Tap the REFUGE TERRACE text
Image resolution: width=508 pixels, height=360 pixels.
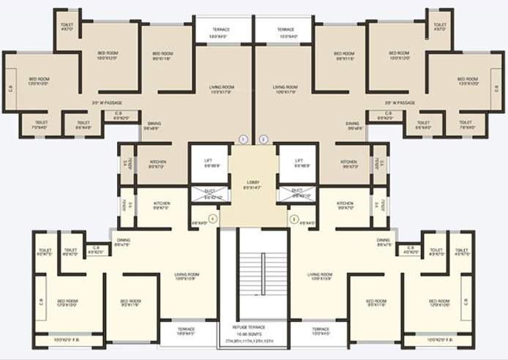click(x=254, y=327)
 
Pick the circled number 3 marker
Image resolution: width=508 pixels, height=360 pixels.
click(x=293, y=218)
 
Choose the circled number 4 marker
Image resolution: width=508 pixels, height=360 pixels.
click(x=213, y=218)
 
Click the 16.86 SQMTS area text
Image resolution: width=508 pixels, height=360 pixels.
click(x=254, y=334)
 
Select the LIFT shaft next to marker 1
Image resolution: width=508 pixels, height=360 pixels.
click(x=208, y=163)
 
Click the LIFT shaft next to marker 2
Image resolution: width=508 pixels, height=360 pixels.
click(x=299, y=163)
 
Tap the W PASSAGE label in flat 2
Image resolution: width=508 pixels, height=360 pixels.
click(x=400, y=103)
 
